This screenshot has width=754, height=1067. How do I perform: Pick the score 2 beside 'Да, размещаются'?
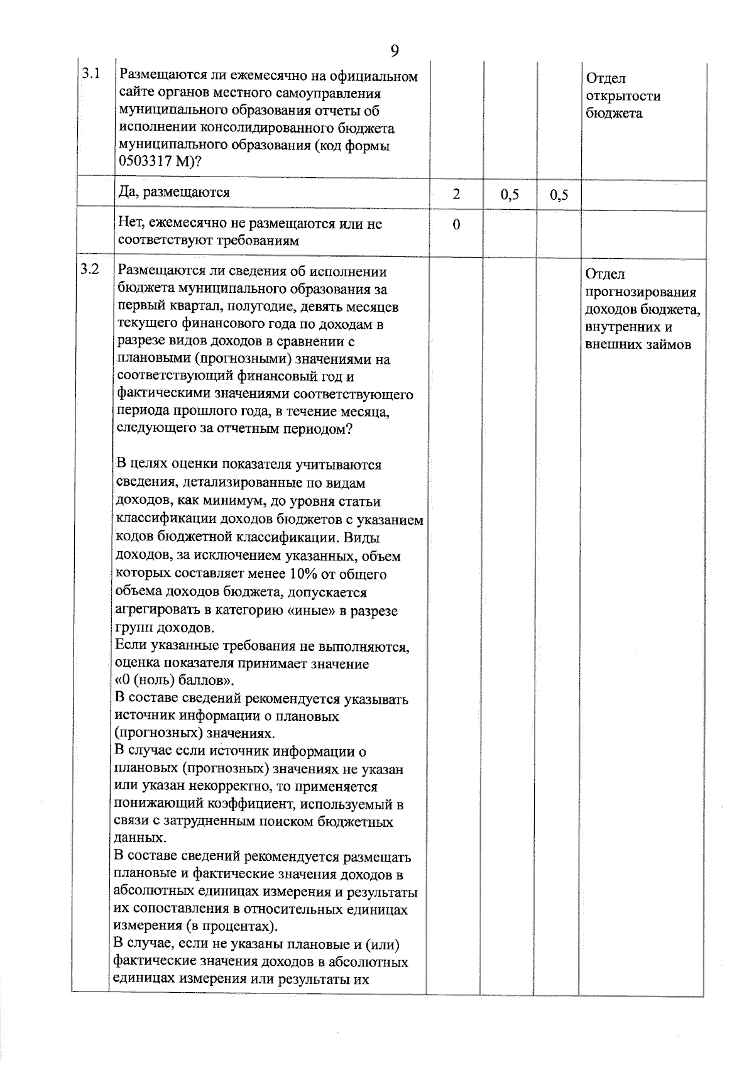pyautogui.click(x=456, y=194)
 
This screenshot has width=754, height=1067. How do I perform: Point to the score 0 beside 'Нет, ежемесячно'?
pyautogui.click(x=456, y=224)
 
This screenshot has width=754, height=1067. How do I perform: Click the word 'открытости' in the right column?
pyautogui.click(x=623, y=96)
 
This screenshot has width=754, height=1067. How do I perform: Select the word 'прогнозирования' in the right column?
pyautogui.click(x=640, y=292)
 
